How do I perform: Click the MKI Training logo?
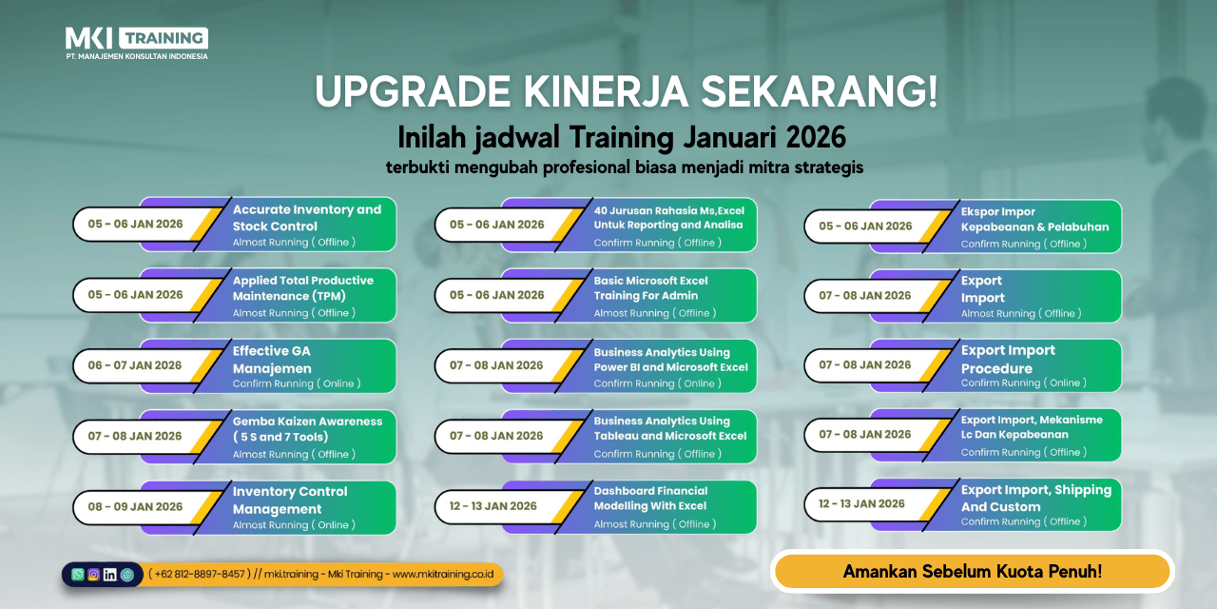click(136, 44)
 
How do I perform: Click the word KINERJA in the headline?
click(606, 91)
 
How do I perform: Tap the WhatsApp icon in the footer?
click(78, 574)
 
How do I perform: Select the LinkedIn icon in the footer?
click(109, 574)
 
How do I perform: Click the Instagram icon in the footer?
click(93, 574)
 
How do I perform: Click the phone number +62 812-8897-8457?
click(200, 574)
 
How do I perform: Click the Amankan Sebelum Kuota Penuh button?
click(972, 572)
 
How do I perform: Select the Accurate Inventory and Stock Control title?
click(307, 218)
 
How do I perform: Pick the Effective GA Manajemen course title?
click(272, 360)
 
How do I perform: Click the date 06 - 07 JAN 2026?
click(135, 365)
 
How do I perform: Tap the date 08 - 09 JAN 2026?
click(135, 507)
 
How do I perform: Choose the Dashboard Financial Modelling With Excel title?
click(650, 498)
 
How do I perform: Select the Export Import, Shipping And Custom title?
click(1036, 498)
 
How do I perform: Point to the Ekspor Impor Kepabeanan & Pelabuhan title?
click(1034, 219)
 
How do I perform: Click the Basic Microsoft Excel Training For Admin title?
click(650, 288)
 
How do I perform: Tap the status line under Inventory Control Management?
click(294, 524)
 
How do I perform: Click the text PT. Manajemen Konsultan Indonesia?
click(136, 56)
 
